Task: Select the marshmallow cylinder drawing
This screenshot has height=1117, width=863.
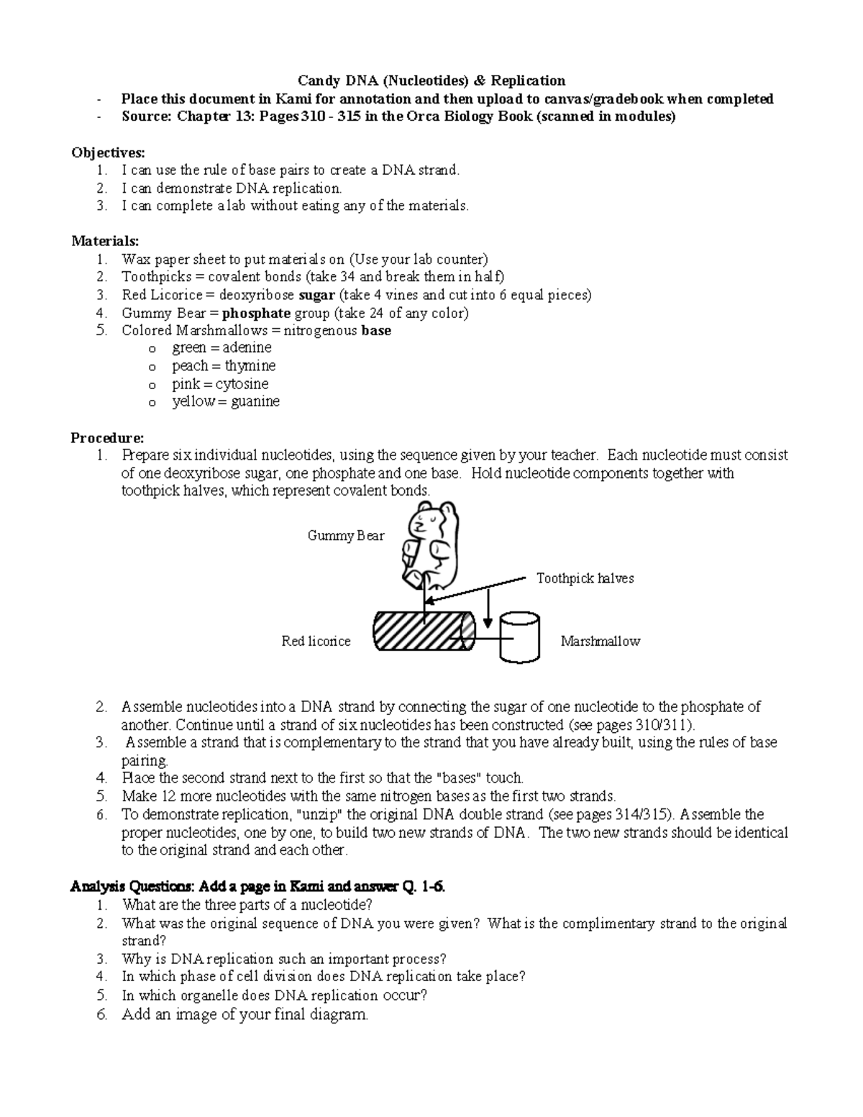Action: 519,637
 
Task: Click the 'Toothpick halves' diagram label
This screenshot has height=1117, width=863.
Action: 585,578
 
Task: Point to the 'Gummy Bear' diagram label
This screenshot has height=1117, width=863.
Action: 345,535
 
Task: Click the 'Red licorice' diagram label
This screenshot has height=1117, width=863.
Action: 316,641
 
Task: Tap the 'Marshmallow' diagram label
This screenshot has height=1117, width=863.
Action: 600,641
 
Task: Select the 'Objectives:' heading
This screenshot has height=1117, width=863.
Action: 108,152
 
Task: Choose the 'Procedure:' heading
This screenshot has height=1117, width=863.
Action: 107,437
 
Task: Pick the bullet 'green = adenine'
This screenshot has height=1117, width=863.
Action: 222,347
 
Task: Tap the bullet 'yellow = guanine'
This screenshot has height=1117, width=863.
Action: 226,401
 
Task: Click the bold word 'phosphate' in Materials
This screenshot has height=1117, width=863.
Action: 256,313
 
